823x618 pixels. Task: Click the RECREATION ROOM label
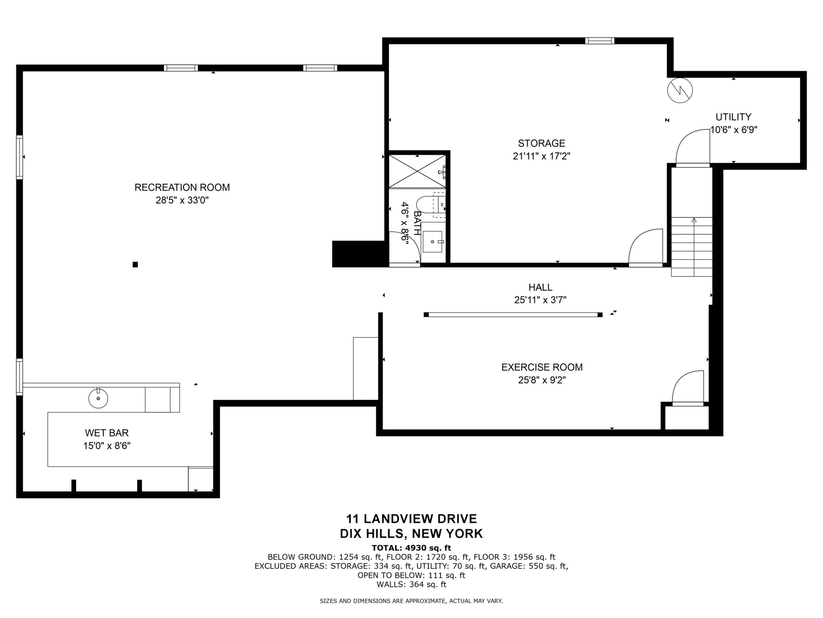coord(182,188)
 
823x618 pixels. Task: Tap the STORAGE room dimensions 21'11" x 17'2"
coord(541,156)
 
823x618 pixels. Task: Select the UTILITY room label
coord(733,117)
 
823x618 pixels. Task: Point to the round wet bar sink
coord(98,398)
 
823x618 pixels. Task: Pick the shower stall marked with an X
coord(417,171)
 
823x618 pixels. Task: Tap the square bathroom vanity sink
coord(432,241)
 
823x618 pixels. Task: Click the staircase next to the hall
coord(692,247)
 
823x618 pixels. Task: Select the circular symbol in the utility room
coord(680,90)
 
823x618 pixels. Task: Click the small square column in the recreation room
coord(136,264)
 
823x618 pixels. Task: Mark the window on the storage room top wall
coord(599,41)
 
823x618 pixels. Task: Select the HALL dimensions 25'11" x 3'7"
coord(540,300)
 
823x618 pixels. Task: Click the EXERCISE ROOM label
coord(542,367)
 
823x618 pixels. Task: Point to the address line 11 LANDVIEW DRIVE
coord(411,519)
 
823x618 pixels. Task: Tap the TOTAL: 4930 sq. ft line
coord(411,548)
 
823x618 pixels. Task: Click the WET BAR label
coord(107,433)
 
